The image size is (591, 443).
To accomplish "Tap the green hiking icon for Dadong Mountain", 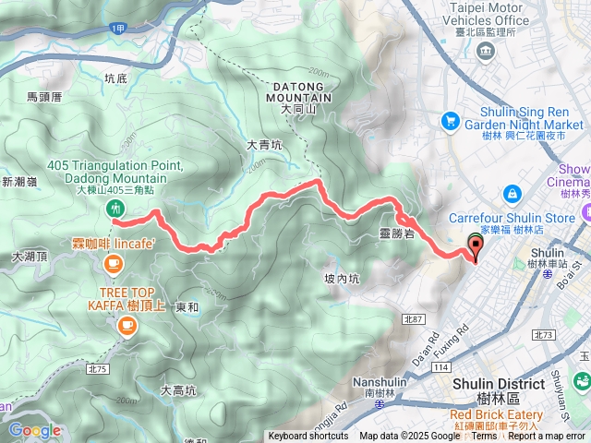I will pos(115,209).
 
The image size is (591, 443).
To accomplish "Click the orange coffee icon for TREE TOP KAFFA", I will pos(126,324).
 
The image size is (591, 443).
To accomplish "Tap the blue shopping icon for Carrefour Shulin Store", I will pos(511,195).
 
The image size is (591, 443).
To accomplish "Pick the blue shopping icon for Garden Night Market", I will pos(451,120).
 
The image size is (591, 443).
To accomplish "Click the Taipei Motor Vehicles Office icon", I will pos(486,48).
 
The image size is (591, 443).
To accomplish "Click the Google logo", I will pos(34,430).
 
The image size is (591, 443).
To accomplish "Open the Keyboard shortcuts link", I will pos(308,437).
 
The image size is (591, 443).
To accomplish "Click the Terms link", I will pos(484,437).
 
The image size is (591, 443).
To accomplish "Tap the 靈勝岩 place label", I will pos(397,234).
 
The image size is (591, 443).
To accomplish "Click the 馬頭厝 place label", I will pos(44,96).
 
